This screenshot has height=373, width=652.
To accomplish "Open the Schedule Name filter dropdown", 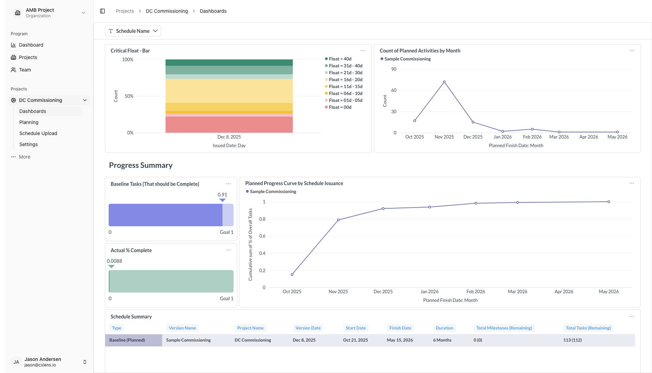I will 133,31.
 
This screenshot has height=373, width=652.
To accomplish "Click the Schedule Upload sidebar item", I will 38,133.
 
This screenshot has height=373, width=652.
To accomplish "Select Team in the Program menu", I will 25,70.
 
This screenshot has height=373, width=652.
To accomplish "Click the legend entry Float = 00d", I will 340,107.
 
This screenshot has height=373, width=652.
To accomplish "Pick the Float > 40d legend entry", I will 340,59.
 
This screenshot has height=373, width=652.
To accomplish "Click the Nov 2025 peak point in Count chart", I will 444,82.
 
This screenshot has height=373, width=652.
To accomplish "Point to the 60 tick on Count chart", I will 394,90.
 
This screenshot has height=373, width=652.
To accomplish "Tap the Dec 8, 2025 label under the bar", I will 229,137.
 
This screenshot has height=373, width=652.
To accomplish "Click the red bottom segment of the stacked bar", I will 229,125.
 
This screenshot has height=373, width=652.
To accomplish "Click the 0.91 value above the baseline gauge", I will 222,195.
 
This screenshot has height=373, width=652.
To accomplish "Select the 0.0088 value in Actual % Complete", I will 115,261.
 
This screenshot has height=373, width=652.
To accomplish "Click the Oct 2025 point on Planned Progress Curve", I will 292,275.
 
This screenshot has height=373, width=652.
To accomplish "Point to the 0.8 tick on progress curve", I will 262,219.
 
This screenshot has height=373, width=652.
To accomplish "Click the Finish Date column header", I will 400,328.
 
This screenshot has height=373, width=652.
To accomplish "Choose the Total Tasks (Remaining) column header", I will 588,328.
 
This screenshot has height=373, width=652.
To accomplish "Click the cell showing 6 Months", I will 442,340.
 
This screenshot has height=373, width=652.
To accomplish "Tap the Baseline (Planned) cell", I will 127,340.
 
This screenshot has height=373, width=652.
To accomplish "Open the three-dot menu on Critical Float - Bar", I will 363,50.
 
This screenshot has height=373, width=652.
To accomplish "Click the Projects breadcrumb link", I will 125,11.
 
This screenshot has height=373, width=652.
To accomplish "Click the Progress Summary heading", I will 141,165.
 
